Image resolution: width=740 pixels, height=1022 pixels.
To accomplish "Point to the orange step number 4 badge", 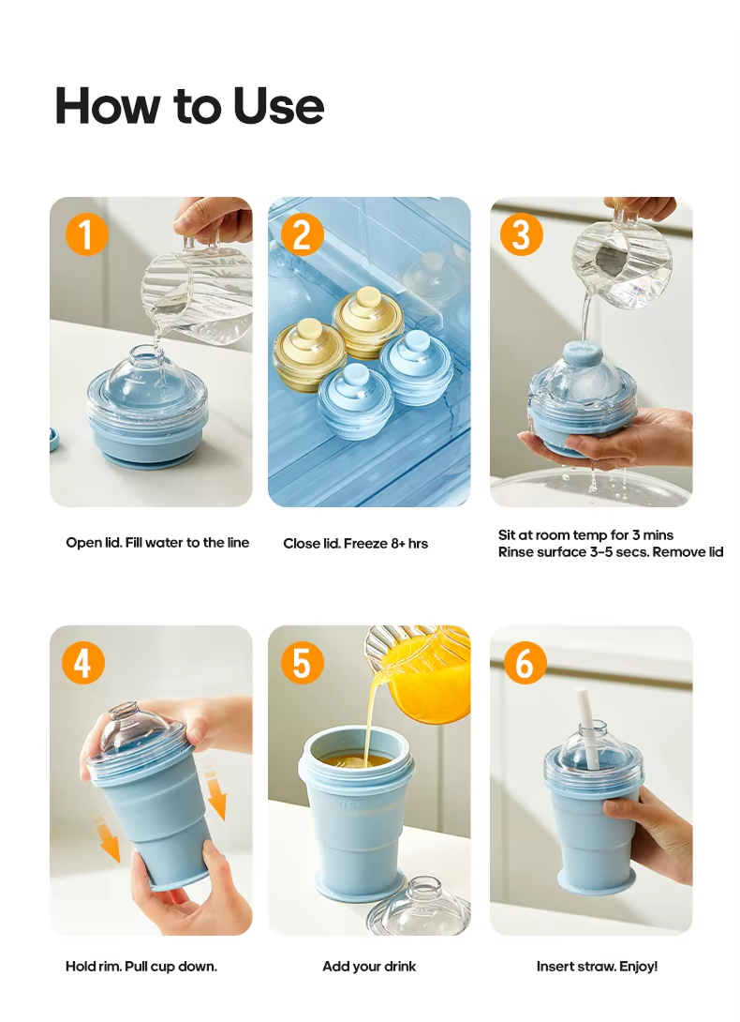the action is pos(83,663).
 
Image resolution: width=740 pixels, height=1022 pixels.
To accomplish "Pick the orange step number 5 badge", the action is pos(303,663).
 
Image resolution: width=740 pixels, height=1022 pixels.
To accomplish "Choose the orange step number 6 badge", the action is pos(525,663).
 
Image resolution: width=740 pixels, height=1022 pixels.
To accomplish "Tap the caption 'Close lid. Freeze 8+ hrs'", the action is pos(356,544).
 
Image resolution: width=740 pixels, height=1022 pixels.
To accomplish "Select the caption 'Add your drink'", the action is pos(369,967).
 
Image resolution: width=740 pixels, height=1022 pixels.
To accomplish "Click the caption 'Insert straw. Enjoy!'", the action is pos(598,967).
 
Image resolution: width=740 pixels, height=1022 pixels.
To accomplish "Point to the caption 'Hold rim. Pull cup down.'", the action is pos(141,967).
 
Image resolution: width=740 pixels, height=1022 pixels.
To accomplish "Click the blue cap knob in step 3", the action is pos(582,354).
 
